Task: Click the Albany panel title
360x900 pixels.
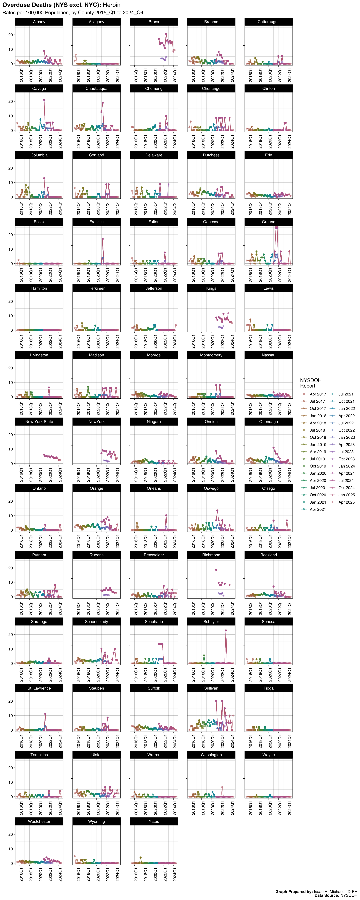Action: click(x=39, y=22)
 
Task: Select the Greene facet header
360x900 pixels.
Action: click(x=268, y=222)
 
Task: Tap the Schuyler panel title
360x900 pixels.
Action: click(x=211, y=622)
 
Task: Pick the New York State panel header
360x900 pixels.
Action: click(x=39, y=422)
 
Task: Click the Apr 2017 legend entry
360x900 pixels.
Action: click(x=317, y=394)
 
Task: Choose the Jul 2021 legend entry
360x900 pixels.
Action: click(x=346, y=394)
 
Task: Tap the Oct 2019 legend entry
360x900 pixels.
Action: click(x=317, y=466)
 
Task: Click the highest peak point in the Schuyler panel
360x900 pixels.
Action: click(x=226, y=631)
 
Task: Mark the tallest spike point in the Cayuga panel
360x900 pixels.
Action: click(x=44, y=100)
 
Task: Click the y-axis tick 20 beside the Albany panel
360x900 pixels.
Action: click(x=10, y=35)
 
